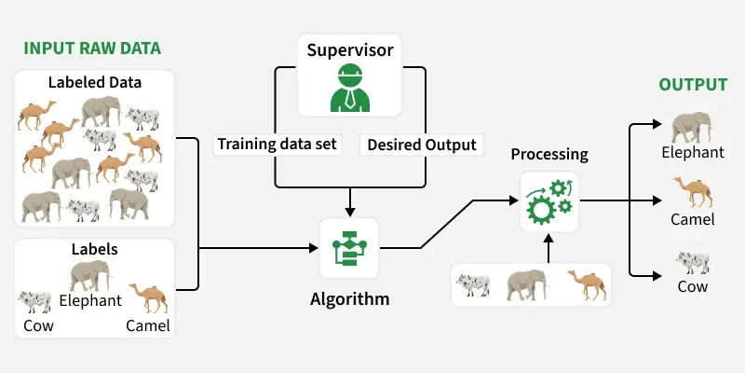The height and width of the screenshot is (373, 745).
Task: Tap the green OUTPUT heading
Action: click(x=693, y=85)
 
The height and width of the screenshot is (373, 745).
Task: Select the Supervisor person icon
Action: click(x=350, y=90)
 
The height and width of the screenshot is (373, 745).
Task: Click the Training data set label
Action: click(x=278, y=145)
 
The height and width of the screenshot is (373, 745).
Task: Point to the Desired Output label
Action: click(x=421, y=145)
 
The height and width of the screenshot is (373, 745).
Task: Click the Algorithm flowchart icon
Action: click(x=349, y=248)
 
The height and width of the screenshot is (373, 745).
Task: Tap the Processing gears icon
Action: click(x=549, y=201)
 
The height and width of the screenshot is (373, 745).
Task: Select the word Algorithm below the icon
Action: click(x=349, y=300)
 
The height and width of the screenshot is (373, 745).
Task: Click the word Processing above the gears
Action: click(x=549, y=154)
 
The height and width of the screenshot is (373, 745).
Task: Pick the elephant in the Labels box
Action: click(x=89, y=275)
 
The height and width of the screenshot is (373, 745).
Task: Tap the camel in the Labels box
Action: click(x=147, y=298)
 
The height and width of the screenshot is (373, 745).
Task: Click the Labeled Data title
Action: click(x=95, y=82)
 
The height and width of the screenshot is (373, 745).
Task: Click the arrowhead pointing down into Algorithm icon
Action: click(x=349, y=208)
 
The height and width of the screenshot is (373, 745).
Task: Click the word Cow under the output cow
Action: click(x=692, y=287)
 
